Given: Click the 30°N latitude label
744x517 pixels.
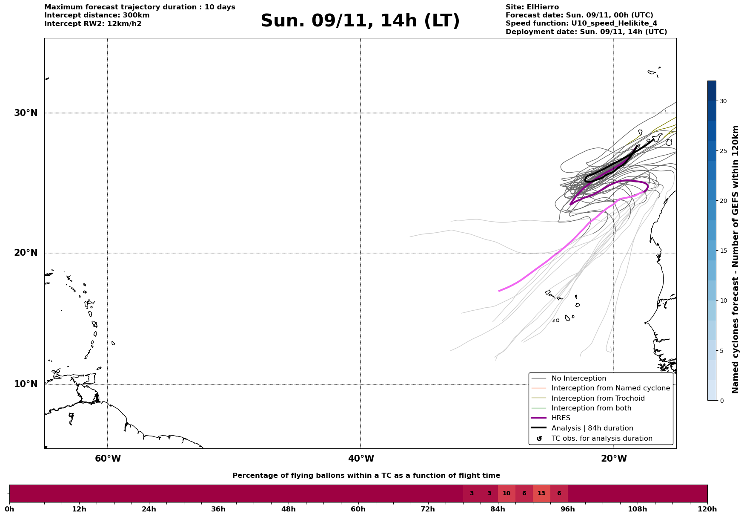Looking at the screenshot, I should tap(26, 113).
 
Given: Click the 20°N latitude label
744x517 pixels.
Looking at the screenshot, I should tap(26, 253).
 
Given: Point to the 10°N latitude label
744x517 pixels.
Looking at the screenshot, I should tap(26, 384).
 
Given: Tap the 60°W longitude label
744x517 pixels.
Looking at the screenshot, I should tap(108, 459).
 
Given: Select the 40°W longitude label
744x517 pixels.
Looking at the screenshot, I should tap(361, 459).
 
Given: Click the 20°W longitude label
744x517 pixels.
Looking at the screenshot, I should tap(614, 459).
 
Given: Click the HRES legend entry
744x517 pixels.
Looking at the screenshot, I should tap(561, 418).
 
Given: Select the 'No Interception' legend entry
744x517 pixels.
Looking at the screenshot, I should tap(578, 378).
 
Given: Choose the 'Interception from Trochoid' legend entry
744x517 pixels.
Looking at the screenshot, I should tap(598, 399).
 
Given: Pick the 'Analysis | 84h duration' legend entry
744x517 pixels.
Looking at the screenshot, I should tap(592, 428).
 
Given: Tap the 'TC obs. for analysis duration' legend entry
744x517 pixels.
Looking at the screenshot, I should tap(601, 439).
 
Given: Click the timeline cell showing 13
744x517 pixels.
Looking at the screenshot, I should tap(541, 494).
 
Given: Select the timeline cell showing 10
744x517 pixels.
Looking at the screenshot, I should tap(506, 494).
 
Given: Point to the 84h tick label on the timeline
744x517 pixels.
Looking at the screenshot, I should tap(498, 509).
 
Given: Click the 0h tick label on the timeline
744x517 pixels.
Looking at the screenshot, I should tap(9, 509).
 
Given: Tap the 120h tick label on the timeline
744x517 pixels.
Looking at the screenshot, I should tap(707, 509).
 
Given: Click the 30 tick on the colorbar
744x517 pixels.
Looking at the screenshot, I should tap(723, 101).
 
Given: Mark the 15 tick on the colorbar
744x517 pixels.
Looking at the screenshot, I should tap(723, 251).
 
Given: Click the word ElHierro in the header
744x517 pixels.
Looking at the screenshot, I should tap(543, 7).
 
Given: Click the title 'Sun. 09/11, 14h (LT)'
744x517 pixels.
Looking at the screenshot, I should tap(360, 21).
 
